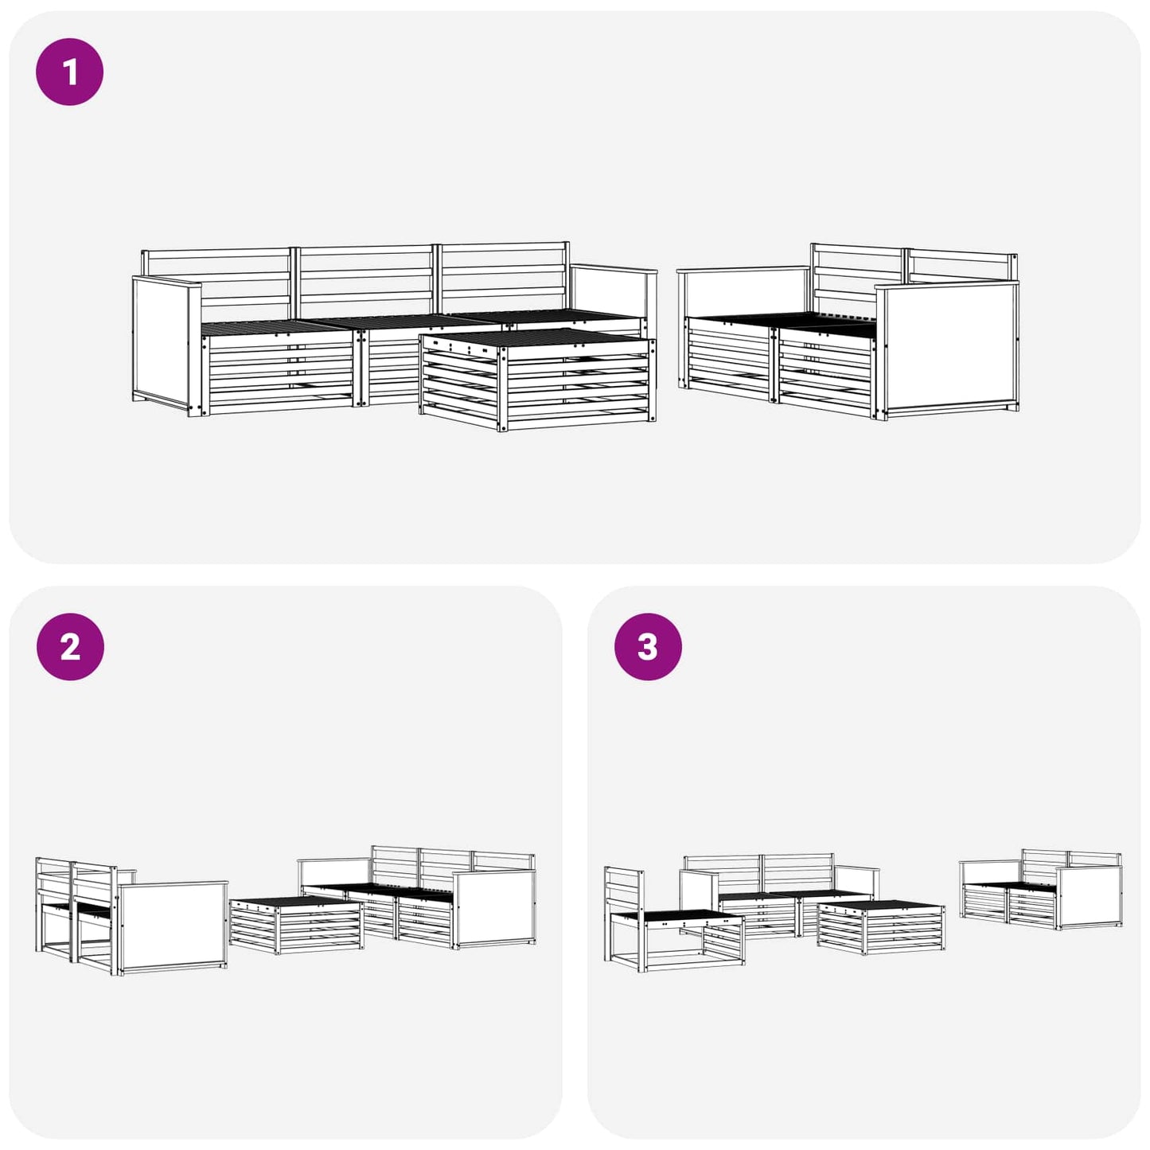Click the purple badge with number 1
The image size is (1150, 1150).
70,72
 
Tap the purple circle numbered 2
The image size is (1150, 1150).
70,646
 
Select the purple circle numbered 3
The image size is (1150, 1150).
648,646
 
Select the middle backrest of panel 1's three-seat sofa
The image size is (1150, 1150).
365,279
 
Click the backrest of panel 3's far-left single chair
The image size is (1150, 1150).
624,889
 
